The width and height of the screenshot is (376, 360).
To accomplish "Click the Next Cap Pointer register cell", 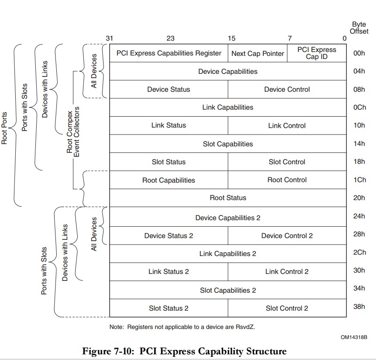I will pyautogui.click(x=257, y=53).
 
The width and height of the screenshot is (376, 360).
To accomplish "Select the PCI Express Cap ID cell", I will pyautogui.click(x=317, y=53).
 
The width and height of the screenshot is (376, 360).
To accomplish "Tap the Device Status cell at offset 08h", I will pyautogui.click(x=169, y=89).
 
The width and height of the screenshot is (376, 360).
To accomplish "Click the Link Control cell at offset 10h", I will pyautogui.click(x=287, y=125).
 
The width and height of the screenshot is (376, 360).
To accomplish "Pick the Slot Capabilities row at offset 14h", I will pyautogui.click(x=228, y=144).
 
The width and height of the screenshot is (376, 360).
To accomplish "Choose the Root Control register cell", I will pyautogui.click(x=287, y=180).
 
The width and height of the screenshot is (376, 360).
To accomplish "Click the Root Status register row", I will pyautogui.click(x=228, y=197).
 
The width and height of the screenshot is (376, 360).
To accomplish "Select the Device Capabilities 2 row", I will pyautogui.click(x=228, y=218).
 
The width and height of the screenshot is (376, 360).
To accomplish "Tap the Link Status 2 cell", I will pyautogui.click(x=169, y=271).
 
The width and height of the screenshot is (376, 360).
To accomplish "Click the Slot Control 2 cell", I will pyautogui.click(x=287, y=308).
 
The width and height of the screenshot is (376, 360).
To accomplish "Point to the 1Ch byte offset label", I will pyautogui.click(x=359, y=180).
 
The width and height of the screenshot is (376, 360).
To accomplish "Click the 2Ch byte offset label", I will pyautogui.click(x=359, y=253).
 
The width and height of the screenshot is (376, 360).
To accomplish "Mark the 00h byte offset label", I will pyautogui.click(x=359, y=53).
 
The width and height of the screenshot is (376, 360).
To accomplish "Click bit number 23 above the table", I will pyautogui.click(x=170, y=38).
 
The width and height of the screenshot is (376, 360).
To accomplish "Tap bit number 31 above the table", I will pyautogui.click(x=109, y=38).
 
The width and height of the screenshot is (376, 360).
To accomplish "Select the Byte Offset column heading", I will pyautogui.click(x=359, y=28).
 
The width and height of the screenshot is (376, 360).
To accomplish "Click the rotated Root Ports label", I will pyautogui.click(x=5, y=128).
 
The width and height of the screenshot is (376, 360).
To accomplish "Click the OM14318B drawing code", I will pyautogui.click(x=354, y=337).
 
